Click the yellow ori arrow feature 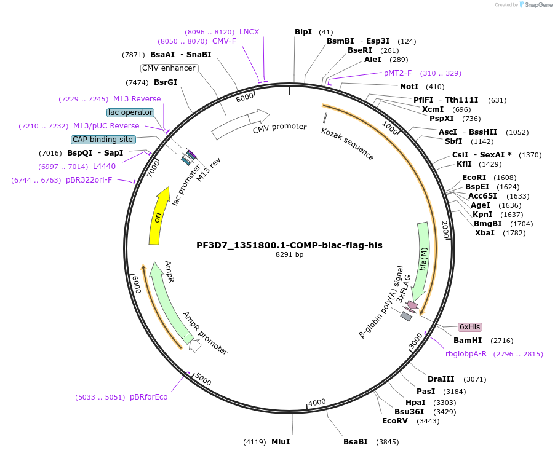click(159, 216)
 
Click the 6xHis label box click(469, 327)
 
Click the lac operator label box click(130, 112)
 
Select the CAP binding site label click(103, 140)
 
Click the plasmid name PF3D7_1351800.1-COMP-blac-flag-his click(289, 245)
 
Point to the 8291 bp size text click(289, 254)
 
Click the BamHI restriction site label click(468, 341)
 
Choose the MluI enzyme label click(280, 442)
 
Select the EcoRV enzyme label click(395, 421)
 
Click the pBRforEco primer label click(148, 397)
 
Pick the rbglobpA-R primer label click(466, 354)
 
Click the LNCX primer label click(249, 32)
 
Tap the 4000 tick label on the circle click(317, 403)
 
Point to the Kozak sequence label click(347, 144)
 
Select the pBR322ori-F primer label click(89, 180)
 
